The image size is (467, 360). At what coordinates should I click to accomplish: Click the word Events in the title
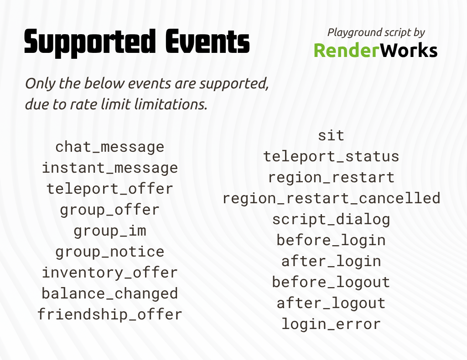(x=208, y=41)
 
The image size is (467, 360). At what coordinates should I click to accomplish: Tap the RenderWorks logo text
(x=376, y=50)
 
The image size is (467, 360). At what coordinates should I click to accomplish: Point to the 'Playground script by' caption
(x=376, y=32)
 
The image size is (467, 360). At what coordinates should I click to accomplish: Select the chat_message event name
(x=109, y=147)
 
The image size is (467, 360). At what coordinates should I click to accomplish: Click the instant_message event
(x=109, y=168)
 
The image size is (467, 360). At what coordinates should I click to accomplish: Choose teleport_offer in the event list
(x=109, y=189)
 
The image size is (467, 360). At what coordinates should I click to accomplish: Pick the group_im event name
(x=109, y=231)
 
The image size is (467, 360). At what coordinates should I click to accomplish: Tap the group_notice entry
(x=109, y=252)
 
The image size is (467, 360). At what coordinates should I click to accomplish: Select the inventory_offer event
(x=109, y=273)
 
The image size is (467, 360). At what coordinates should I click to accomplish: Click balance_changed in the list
(x=109, y=293)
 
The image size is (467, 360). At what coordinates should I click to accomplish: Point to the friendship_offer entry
(x=109, y=314)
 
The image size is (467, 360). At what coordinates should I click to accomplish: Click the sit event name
(x=331, y=136)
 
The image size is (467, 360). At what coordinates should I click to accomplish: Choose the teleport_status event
(x=331, y=156)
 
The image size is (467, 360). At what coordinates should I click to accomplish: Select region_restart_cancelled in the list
(x=331, y=198)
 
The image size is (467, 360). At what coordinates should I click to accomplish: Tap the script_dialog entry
(x=331, y=220)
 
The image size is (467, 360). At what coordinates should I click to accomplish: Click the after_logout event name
(x=331, y=303)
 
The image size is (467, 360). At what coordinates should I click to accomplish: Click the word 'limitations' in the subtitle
(x=171, y=104)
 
